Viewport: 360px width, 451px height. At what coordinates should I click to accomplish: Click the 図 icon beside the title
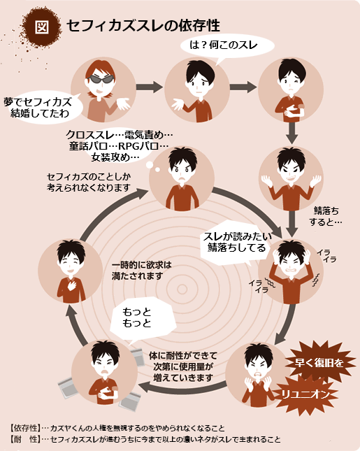pos(42,27)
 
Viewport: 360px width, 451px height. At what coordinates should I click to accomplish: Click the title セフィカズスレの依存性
pos(143,26)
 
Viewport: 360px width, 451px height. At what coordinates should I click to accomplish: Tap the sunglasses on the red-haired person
pos(101,79)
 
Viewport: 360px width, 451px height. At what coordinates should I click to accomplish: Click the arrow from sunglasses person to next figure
pos(150,87)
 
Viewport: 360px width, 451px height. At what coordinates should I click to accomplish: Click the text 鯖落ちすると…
pos(326,216)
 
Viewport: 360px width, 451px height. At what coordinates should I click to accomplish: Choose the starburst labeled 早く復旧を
pos(319,362)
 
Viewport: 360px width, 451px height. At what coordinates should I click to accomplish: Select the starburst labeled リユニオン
pos(305,394)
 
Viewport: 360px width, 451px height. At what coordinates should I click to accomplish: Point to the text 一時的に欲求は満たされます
pos(141,271)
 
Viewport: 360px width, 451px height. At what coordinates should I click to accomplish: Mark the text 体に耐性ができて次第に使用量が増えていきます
pos(183,366)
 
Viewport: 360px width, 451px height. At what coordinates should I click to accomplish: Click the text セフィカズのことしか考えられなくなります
pos(89,182)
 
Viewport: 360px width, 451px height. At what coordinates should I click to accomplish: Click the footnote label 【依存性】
pos(25,429)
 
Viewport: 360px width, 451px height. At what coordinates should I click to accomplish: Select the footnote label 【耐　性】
pos(25,439)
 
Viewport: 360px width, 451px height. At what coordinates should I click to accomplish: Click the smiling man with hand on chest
pos(71,271)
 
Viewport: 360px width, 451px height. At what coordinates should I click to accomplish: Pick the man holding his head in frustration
pos(291,271)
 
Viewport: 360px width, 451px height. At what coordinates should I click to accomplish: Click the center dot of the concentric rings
pos(182,289)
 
